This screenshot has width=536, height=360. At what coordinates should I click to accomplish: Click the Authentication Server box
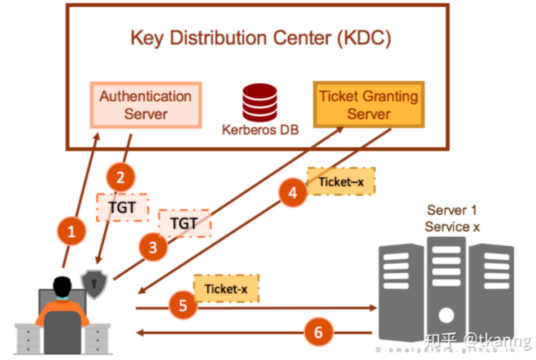(146, 105)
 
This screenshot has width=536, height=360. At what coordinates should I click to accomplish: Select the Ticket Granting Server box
(369, 105)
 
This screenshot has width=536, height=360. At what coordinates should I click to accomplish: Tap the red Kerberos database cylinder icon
(260, 103)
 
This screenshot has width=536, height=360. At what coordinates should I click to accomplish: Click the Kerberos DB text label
(260, 130)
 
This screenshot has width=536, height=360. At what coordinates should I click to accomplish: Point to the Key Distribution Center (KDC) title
(261, 38)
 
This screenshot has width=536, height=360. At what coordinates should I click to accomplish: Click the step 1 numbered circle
(71, 231)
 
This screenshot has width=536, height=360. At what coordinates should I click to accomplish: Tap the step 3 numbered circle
(153, 247)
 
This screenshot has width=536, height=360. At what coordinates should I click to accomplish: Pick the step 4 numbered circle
(293, 193)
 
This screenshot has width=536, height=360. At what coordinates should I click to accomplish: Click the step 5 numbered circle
(183, 305)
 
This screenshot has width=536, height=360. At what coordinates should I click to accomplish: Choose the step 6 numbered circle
(319, 332)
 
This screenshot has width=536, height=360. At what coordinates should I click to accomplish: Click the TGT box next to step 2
(122, 207)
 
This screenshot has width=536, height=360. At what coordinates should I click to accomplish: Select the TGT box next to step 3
(184, 224)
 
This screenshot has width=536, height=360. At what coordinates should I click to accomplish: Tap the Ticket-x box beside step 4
(341, 181)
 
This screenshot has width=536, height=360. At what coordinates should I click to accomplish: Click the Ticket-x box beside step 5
(226, 288)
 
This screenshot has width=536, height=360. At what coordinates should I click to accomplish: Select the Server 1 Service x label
(451, 219)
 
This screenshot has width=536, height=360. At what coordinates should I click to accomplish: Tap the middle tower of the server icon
(446, 288)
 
